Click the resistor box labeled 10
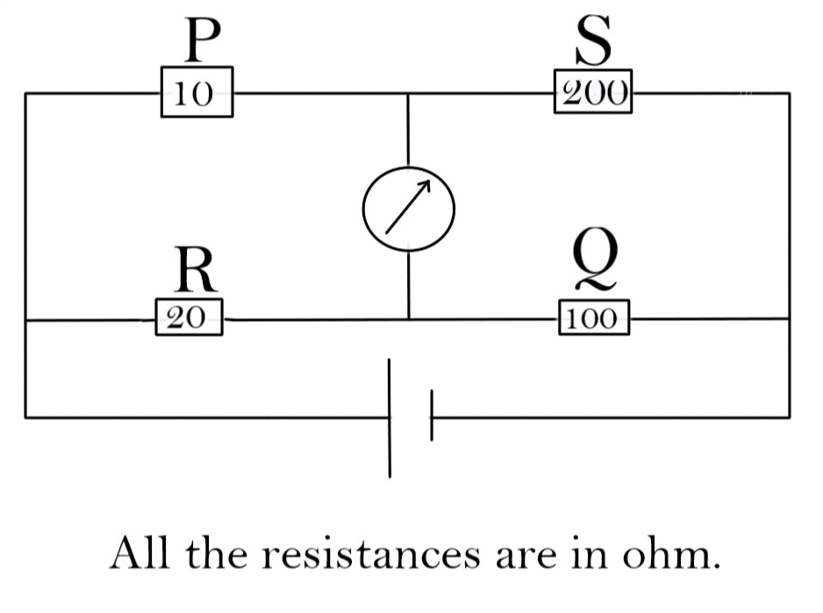tap(196, 92)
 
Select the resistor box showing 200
tap(593, 92)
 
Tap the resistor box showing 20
tap(188, 317)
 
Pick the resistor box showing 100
tap(593, 317)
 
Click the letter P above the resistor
tap(201, 40)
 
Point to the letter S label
tap(593, 40)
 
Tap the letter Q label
tap(595, 261)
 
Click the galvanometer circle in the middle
tap(409, 207)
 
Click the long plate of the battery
tap(390, 418)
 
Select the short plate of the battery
tap(431, 416)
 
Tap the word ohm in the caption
tap(669, 554)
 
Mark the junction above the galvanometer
tap(409, 93)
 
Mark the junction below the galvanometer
tap(409, 319)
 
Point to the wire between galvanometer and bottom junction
tap(409, 286)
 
